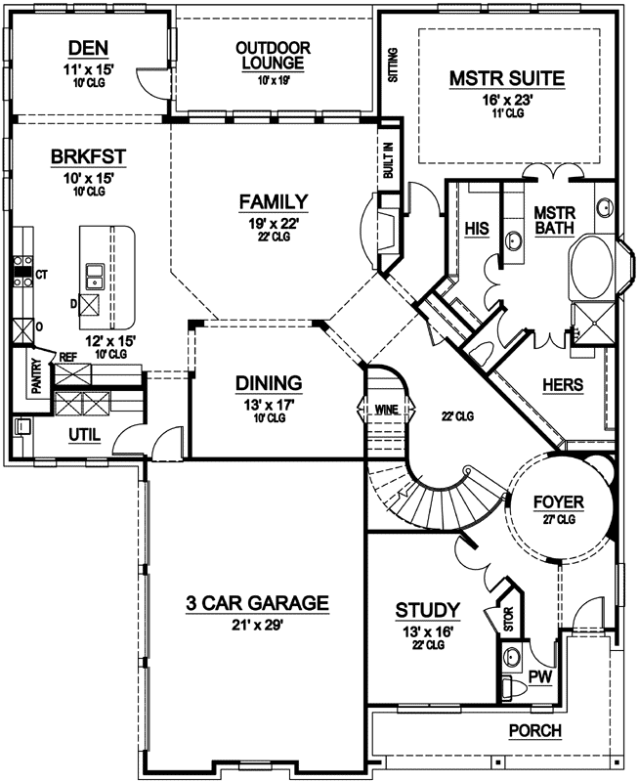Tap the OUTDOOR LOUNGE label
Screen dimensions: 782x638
point(274,55)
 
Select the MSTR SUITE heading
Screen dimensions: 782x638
point(508,77)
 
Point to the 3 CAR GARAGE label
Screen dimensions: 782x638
point(258,603)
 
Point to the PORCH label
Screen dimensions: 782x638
point(535,731)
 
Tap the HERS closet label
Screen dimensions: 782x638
point(562,385)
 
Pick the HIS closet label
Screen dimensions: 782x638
point(477,228)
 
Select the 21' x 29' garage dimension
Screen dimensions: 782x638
point(258,627)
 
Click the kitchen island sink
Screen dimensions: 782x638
point(96,276)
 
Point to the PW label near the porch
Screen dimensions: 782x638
point(539,675)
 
